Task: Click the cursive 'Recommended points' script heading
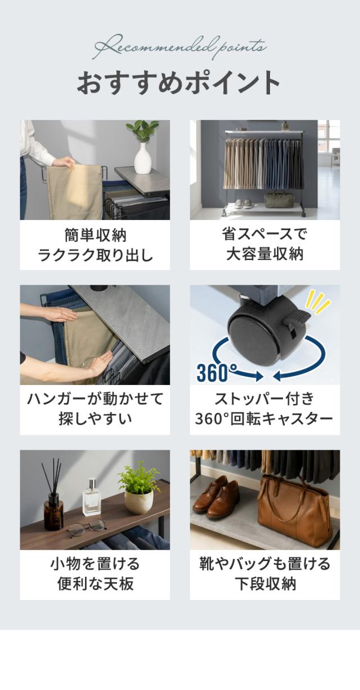(180, 47)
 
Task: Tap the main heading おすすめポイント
(179, 83)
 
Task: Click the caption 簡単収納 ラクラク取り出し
(95, 245)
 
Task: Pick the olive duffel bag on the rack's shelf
(278, 199)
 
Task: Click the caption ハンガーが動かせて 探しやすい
(95, 409)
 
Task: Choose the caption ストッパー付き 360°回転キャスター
(264, 409)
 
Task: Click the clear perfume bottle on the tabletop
(92, 497)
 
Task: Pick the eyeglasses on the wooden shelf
(86, 528)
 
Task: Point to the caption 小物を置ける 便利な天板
(95, 574)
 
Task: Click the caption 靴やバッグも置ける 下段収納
(265, 574)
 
